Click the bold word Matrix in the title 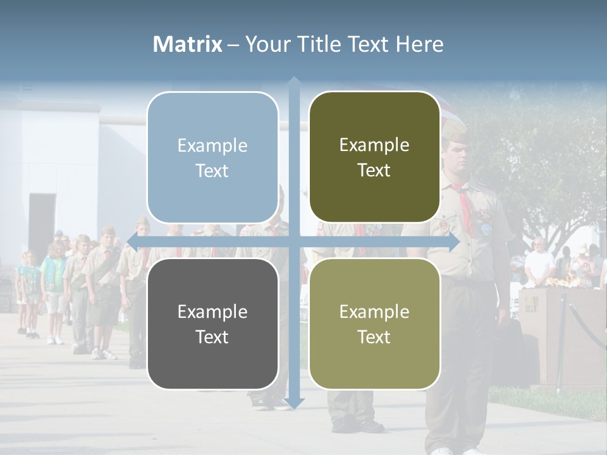pyautogui.click(x=187, y=44)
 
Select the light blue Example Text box pyautogui.click(x=212, y=157)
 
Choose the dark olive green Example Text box pyautogui.click(x=374, y=157)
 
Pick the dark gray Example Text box pyautogui.click(x=212, y=324)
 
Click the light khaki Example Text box pyautogui.click(x=374, y=324)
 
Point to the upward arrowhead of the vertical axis pyautogui.click(x=294, y=82)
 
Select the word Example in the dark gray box pyautogui.click(x=212, y=312)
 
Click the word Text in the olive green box pyautogui.click(x=374, y=171)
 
